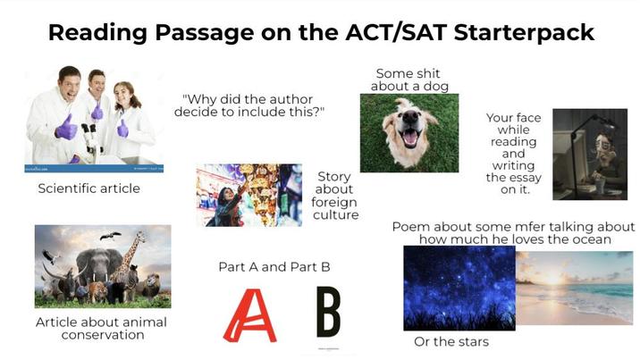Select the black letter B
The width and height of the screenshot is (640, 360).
[x=328, y=312]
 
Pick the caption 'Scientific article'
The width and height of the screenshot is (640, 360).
[x=88, y=188]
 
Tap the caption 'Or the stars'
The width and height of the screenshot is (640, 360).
[x=451, y=342]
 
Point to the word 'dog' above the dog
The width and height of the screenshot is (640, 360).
[x=433, y=87]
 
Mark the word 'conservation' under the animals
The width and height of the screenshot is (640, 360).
[x=103, y=335]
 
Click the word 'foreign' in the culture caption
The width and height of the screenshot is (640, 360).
[x=333, y=202]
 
